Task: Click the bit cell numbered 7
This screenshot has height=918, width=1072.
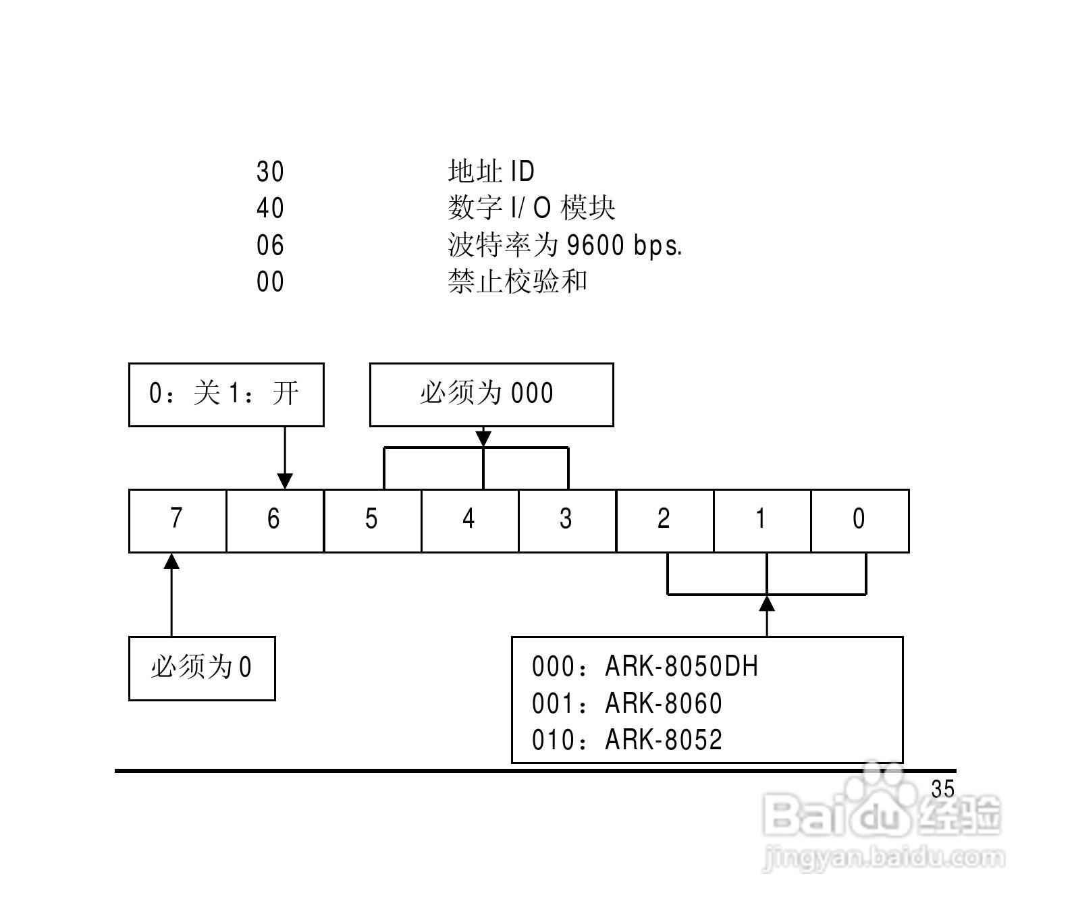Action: (178, 520)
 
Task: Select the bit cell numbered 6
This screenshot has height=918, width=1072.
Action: (275, 520)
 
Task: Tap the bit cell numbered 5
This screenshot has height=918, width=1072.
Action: (373, 520)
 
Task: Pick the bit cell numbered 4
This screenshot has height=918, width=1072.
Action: (470, 520)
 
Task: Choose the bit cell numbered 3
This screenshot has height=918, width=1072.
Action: (567, 520)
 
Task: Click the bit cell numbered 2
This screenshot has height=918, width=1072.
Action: (665, 520)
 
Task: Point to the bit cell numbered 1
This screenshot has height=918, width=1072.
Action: (762, 520)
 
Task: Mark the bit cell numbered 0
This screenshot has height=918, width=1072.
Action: (860, 520)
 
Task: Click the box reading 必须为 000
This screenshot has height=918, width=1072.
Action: (491, 394)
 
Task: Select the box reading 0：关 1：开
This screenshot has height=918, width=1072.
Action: (226, 394)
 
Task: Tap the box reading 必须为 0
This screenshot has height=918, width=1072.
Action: (202, 668)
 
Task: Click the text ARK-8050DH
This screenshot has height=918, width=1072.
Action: (682, 667)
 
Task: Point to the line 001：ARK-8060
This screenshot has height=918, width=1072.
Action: (627, 704)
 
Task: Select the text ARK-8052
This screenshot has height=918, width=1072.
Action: (664, 740)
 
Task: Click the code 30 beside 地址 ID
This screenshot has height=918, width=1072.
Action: (270, 171)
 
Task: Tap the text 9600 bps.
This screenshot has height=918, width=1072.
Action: (624, 246)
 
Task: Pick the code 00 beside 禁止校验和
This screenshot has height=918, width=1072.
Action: (270, 282)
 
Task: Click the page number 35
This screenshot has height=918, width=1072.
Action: (942, 789)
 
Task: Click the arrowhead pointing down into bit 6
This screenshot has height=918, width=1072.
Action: (285, 481)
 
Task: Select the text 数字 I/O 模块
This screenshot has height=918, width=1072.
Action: (531, 209)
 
